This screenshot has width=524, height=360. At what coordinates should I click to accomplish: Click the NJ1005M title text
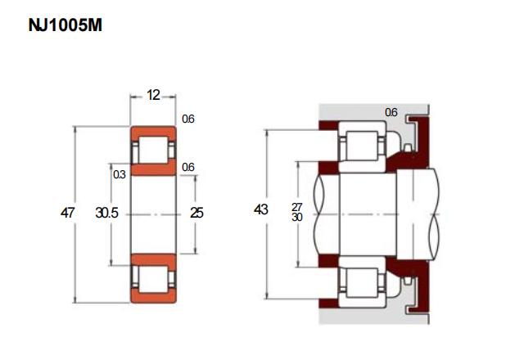click(65, 25)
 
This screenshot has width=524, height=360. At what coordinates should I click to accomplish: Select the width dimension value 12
click(153, 96)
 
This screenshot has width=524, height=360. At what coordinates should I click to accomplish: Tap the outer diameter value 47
click(67, 213)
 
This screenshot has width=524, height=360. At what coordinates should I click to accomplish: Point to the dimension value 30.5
click(107, 213)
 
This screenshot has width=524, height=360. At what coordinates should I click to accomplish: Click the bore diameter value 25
click(196, 213)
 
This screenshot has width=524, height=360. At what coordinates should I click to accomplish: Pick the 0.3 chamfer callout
click(120, 174)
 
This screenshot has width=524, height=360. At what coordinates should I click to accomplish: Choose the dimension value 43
click(261, 209)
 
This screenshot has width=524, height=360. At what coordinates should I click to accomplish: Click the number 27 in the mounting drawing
click(296, 207)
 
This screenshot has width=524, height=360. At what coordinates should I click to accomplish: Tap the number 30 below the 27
click(296, 217)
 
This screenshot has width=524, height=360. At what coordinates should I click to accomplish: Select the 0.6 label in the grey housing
click(391, 113)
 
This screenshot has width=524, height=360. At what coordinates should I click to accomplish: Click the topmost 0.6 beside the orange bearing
click(188, 119)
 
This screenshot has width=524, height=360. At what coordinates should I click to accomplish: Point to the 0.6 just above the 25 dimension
click(188, 167)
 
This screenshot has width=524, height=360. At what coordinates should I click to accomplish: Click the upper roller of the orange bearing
click(153, 150)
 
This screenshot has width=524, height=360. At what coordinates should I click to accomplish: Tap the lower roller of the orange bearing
click(153, 280)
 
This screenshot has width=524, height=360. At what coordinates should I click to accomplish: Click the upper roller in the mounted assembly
click(362, 146)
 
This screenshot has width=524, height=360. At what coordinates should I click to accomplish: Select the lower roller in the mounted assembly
click(362, 283)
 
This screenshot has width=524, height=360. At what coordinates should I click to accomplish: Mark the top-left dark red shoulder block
click(328, 125)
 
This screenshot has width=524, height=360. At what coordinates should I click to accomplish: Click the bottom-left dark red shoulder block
click(328, 303)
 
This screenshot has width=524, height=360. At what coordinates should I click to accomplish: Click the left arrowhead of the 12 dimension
click(133, 97)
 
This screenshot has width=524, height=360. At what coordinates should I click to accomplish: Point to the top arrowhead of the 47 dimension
click(75, 129)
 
